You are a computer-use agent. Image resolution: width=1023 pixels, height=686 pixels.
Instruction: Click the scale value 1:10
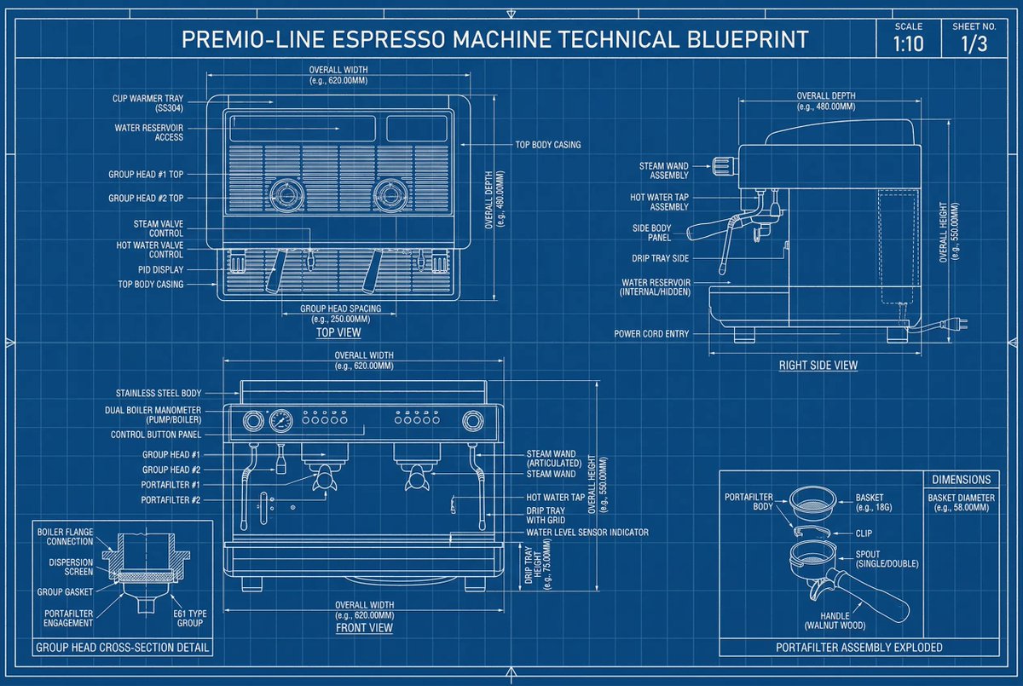(909, 44)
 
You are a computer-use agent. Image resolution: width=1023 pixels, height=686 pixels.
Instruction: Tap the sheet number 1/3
(974, 44)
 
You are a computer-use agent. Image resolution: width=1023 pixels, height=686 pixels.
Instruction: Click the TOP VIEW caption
(338, 332)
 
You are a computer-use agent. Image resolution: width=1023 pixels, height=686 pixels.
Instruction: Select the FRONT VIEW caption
(364, 628)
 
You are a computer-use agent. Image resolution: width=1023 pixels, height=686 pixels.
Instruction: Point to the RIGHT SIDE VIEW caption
(818, 366)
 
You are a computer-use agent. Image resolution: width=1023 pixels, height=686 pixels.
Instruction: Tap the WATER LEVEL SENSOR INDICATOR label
(587, 533)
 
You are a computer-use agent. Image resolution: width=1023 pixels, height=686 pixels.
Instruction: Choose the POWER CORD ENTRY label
(651, 334)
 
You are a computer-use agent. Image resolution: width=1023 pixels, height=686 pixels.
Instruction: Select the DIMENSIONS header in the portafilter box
(961, 480)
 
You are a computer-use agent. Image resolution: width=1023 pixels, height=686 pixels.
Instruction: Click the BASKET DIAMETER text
(961, 502)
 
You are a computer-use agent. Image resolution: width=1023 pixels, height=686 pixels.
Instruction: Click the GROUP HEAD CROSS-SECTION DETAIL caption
(122, 648)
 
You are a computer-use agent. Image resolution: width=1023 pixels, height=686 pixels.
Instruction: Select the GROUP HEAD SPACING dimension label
(340, 314)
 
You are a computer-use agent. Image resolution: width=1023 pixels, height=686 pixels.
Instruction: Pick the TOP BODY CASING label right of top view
(547, 145)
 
